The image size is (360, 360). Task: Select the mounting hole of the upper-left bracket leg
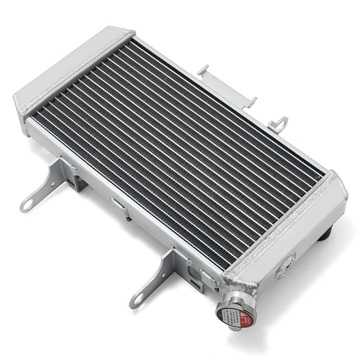click(26, 207)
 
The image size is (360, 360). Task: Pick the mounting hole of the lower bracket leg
click(136, 302)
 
